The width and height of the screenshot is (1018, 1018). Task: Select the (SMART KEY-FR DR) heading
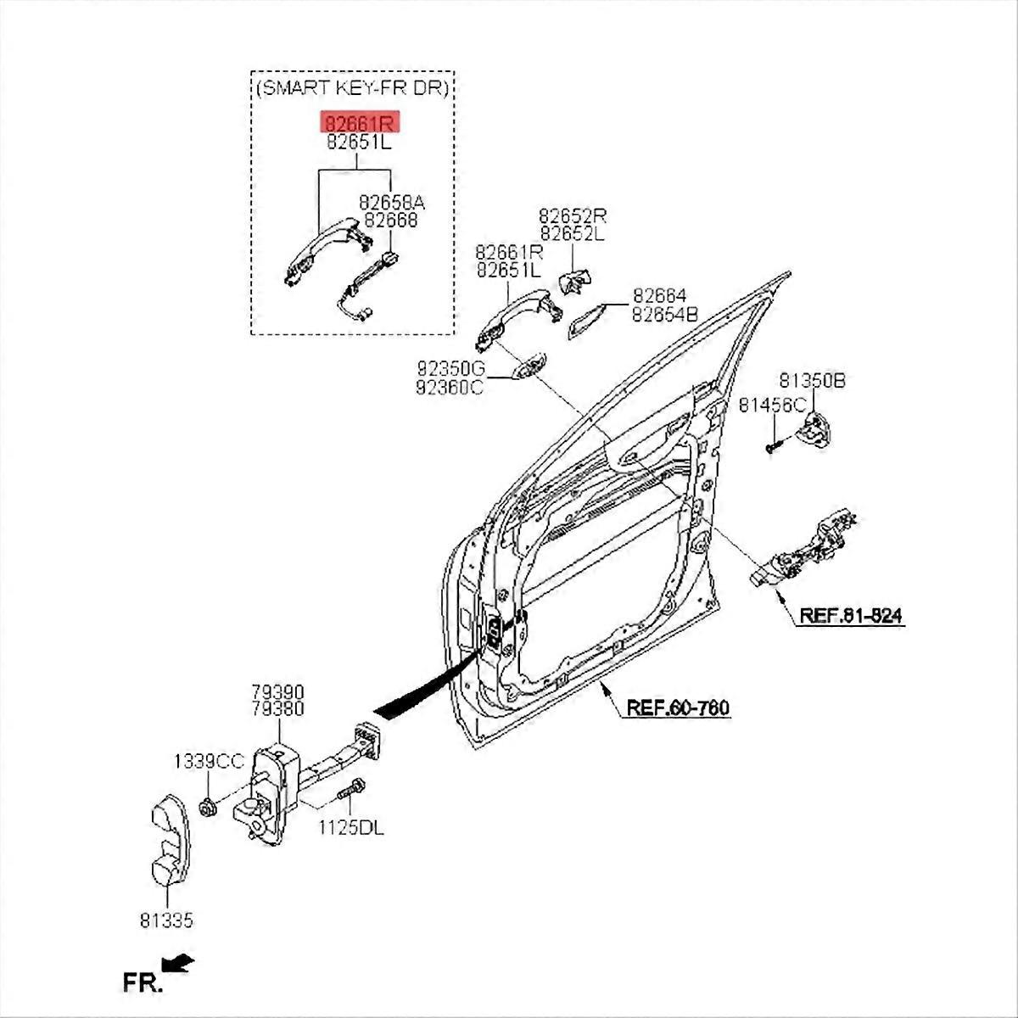coord(352,87)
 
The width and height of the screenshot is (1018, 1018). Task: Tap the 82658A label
coord(391,204)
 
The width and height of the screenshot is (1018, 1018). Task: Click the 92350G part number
coord(450,370)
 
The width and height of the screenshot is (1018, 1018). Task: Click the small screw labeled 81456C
coord(770,445)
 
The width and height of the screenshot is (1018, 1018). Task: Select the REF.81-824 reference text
coord(850,616)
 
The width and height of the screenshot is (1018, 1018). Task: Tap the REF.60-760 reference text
coord(677,708)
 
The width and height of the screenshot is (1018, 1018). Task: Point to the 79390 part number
coord(277,692)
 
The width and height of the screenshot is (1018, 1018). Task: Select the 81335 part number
coord(167,920)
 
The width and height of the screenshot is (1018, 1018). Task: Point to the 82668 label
coord(390,221)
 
